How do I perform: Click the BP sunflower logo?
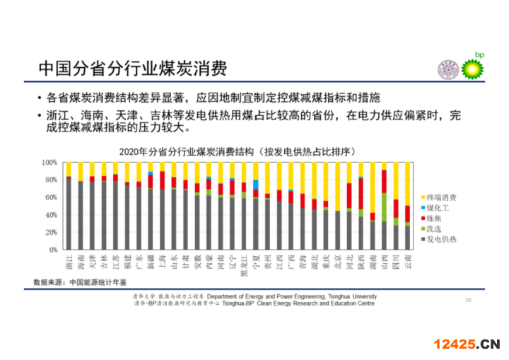474,69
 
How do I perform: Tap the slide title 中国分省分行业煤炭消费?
132,69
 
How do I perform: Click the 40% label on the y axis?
50,215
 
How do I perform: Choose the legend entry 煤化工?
441,208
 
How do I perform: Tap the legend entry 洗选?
438,229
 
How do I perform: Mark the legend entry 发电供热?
444,240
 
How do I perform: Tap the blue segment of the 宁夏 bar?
255,185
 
